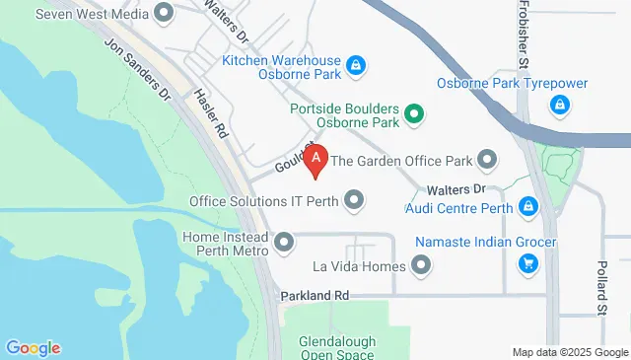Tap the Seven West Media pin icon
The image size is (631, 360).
[163, 13]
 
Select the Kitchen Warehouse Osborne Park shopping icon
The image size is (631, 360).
[357, 67]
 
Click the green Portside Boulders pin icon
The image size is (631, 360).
[415, 114]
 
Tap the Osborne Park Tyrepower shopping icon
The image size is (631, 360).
[559, 104]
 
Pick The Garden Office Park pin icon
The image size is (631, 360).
[487, 159]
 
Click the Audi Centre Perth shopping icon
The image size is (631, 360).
[528, 206]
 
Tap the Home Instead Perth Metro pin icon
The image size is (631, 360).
[285, 242]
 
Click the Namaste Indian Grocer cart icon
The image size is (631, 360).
[528, 263]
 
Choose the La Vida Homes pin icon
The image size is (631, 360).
[423, 266]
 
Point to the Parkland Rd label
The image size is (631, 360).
[315, 295]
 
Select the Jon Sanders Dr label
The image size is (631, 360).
[138, 69]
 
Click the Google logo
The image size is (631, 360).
[33, 348]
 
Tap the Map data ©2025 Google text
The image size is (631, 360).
[570, 352]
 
